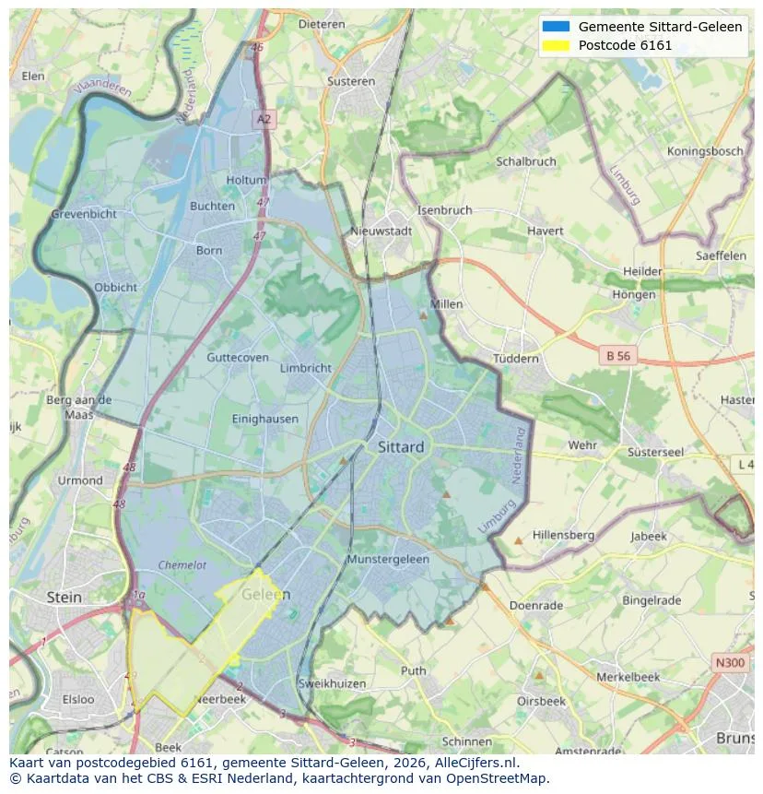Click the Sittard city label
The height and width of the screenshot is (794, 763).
coord(401,447)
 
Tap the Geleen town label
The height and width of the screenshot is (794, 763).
coord(265,595)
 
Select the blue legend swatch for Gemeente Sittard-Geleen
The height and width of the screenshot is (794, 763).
coord(556,27)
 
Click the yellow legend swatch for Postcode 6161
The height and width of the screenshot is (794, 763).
coord(556,45)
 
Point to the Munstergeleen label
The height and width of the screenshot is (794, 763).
coord(388,560)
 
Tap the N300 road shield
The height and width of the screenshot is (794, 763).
coord(730,662)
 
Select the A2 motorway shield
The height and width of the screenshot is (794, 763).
coord(264,119)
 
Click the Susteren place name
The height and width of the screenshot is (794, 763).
coord(351,81)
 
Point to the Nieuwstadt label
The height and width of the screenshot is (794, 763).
coord(381,231)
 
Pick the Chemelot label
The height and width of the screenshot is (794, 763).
coord(182,565)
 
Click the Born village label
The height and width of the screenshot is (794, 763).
coord(209,250)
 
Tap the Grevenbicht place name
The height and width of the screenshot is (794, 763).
coord(84,214)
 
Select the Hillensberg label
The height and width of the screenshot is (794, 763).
coord(563,536)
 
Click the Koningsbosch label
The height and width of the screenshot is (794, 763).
coord(704,151)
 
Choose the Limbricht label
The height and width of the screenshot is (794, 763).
coord(305,368)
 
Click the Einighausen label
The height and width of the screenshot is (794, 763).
coord(265,419)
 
